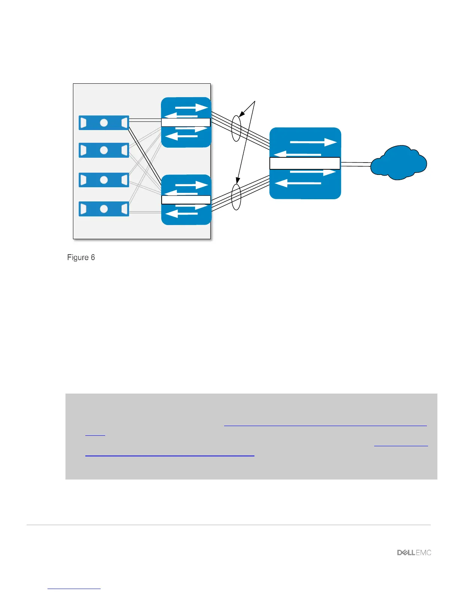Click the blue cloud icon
pyautogui.click(x=399, y=163)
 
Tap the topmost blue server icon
pyautogui.click(x=104, y=123)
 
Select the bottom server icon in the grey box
pyautogui.click(x=104, y=209)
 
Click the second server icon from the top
pyautogui.click(x=104, y=150)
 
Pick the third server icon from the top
pyautogui.click(x=104, y=180)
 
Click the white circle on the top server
pyautogui.click(x=104, y=123)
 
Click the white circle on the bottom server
pyautogui.click(x=104, y=209)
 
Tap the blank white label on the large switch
pyautogui.click(x=305, y=163)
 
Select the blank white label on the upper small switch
pyautogui.click(x=186, y=122)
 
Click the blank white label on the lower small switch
pyautogui.click(x=186, y=200)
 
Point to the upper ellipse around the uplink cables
pyautogui.click(x=236, y=128)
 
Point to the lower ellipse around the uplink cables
pyautogui.click(x=236, y=197)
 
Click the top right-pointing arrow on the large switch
pyautogui.click(x=314, y=142)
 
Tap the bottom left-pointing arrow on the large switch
pyautogui.click(x=298, y=184)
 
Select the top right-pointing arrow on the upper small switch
pyautogui.click(x=191, y=108)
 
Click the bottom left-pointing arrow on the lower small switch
pyautogui.click(x=181, y=214)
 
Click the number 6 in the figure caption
pyautogui.click(x=92, y=258)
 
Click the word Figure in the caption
pyautogui.click(x=78, y=258)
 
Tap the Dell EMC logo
pyautogui.click(x=414, y=552)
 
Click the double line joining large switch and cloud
pyautogui.click(x=355, y=164)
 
